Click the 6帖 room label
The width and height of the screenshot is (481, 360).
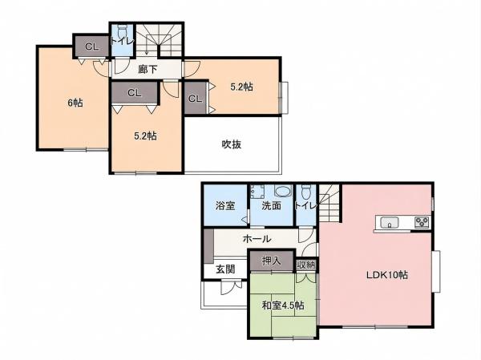[75, 103]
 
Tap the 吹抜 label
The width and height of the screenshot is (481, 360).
[232, 144]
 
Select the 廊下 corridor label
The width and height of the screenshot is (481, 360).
[148, 70]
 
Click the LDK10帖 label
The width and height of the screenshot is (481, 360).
[387, 275]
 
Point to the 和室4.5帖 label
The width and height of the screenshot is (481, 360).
[283, 305]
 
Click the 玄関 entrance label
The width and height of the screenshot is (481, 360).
[226, 269]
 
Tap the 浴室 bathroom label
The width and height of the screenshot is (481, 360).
[225, 205]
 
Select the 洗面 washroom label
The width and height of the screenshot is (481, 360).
[271, 205]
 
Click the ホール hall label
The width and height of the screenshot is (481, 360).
[257, 238]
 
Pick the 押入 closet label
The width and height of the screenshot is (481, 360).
[271, 261]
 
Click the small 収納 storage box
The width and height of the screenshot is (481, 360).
[306, 265]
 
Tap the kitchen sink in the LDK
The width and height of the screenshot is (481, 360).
[390, 222]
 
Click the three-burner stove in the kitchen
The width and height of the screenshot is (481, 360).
[422, 222]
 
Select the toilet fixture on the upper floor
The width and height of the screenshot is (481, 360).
[122, 30]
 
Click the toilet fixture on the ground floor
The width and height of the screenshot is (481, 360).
[306, 192]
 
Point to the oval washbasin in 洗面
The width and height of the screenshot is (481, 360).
[281, 191]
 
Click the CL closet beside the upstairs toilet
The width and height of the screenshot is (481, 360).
[92, 47]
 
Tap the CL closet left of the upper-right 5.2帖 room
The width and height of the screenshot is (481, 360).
[196, 99]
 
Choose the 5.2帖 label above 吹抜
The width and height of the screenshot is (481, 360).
[242, 87]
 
